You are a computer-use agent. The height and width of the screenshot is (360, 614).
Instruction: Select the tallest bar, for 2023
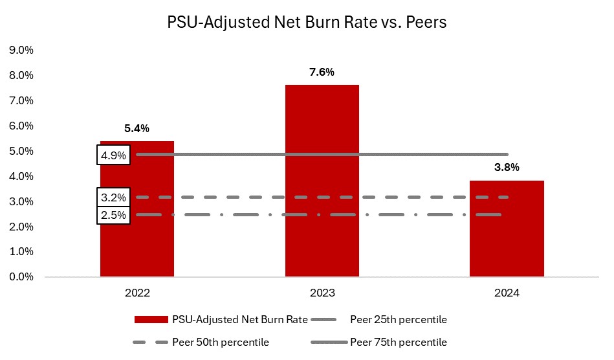tap(322, 181)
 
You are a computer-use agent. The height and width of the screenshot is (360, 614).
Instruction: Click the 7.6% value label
tap(322, 72)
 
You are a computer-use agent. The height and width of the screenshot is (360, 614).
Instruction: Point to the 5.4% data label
tap(137, 128)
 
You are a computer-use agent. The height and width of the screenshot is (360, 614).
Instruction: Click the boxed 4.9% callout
tap(115, 155)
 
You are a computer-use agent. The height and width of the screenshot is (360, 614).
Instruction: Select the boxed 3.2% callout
tap(115, 197)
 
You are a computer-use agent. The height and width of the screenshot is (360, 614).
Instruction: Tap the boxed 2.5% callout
tap(115, 214)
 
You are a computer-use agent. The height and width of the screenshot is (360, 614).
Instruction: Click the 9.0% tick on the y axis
tap(21, 51)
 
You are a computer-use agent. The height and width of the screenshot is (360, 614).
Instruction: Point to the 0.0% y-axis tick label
tap(21, 276)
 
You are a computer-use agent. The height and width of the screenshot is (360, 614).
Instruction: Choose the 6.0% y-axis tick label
tap(21, 126)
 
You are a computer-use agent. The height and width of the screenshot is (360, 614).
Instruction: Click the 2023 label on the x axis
tap(322, 293)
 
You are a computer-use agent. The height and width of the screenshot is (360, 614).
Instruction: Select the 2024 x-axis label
tap(507, 293)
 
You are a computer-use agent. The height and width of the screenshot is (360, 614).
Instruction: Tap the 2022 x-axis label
tap(137, 293)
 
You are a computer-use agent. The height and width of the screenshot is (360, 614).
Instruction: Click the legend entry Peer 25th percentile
tap(398, 319)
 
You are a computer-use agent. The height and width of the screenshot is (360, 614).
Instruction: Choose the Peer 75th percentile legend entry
tap(398, 342)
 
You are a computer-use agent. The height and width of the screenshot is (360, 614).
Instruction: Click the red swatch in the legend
tap(151, 319)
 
